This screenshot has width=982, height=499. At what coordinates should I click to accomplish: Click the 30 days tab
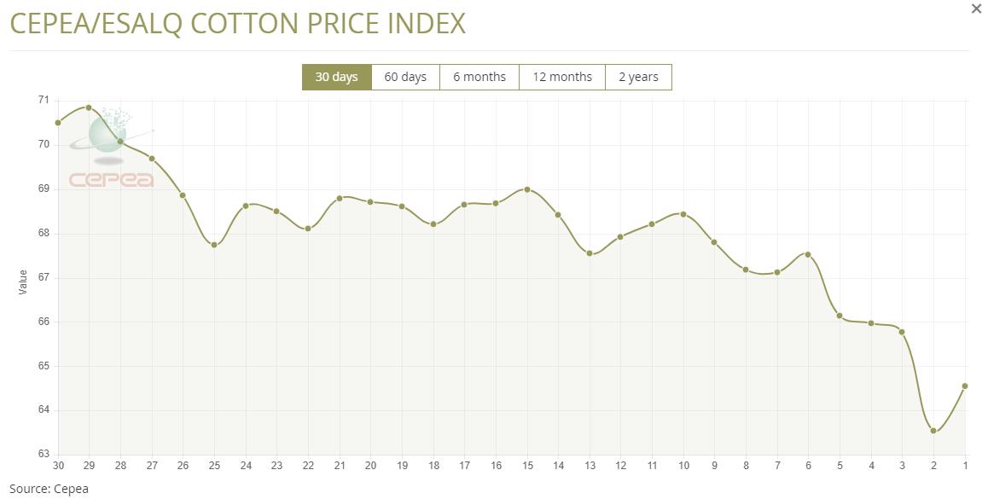(x=336, y=77)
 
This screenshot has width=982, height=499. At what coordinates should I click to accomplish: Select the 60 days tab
(x=405, y=77)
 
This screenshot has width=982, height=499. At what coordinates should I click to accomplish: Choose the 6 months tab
(x=479, y=77)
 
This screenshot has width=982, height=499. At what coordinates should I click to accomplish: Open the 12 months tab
(x=562, y=77)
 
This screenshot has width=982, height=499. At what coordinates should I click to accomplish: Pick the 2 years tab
(x=638, y=77)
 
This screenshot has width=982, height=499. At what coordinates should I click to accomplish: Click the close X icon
(x=976, y=9)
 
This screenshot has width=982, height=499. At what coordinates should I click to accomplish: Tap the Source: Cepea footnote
(x=49, y=489)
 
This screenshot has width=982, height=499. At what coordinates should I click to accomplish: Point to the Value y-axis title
(x=23, y=282)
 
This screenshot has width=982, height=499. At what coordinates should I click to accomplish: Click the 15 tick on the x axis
(x=527, y=466)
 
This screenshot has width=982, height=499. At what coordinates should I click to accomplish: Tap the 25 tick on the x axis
(x=214, y=466)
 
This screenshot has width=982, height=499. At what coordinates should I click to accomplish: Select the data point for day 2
(x=933, y=431)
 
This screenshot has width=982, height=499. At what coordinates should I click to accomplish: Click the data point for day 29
(x=89, y=107)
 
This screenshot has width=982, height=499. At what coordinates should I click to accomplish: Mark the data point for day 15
(x=527, y=189)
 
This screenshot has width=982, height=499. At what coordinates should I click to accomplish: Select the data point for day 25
(x=214, y=245)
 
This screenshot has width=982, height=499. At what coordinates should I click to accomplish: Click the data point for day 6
(x=808, y=254)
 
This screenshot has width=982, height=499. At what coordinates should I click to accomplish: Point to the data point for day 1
(x=965, y=386)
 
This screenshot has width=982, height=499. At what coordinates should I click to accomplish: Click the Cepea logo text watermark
(x=111, y=180)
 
